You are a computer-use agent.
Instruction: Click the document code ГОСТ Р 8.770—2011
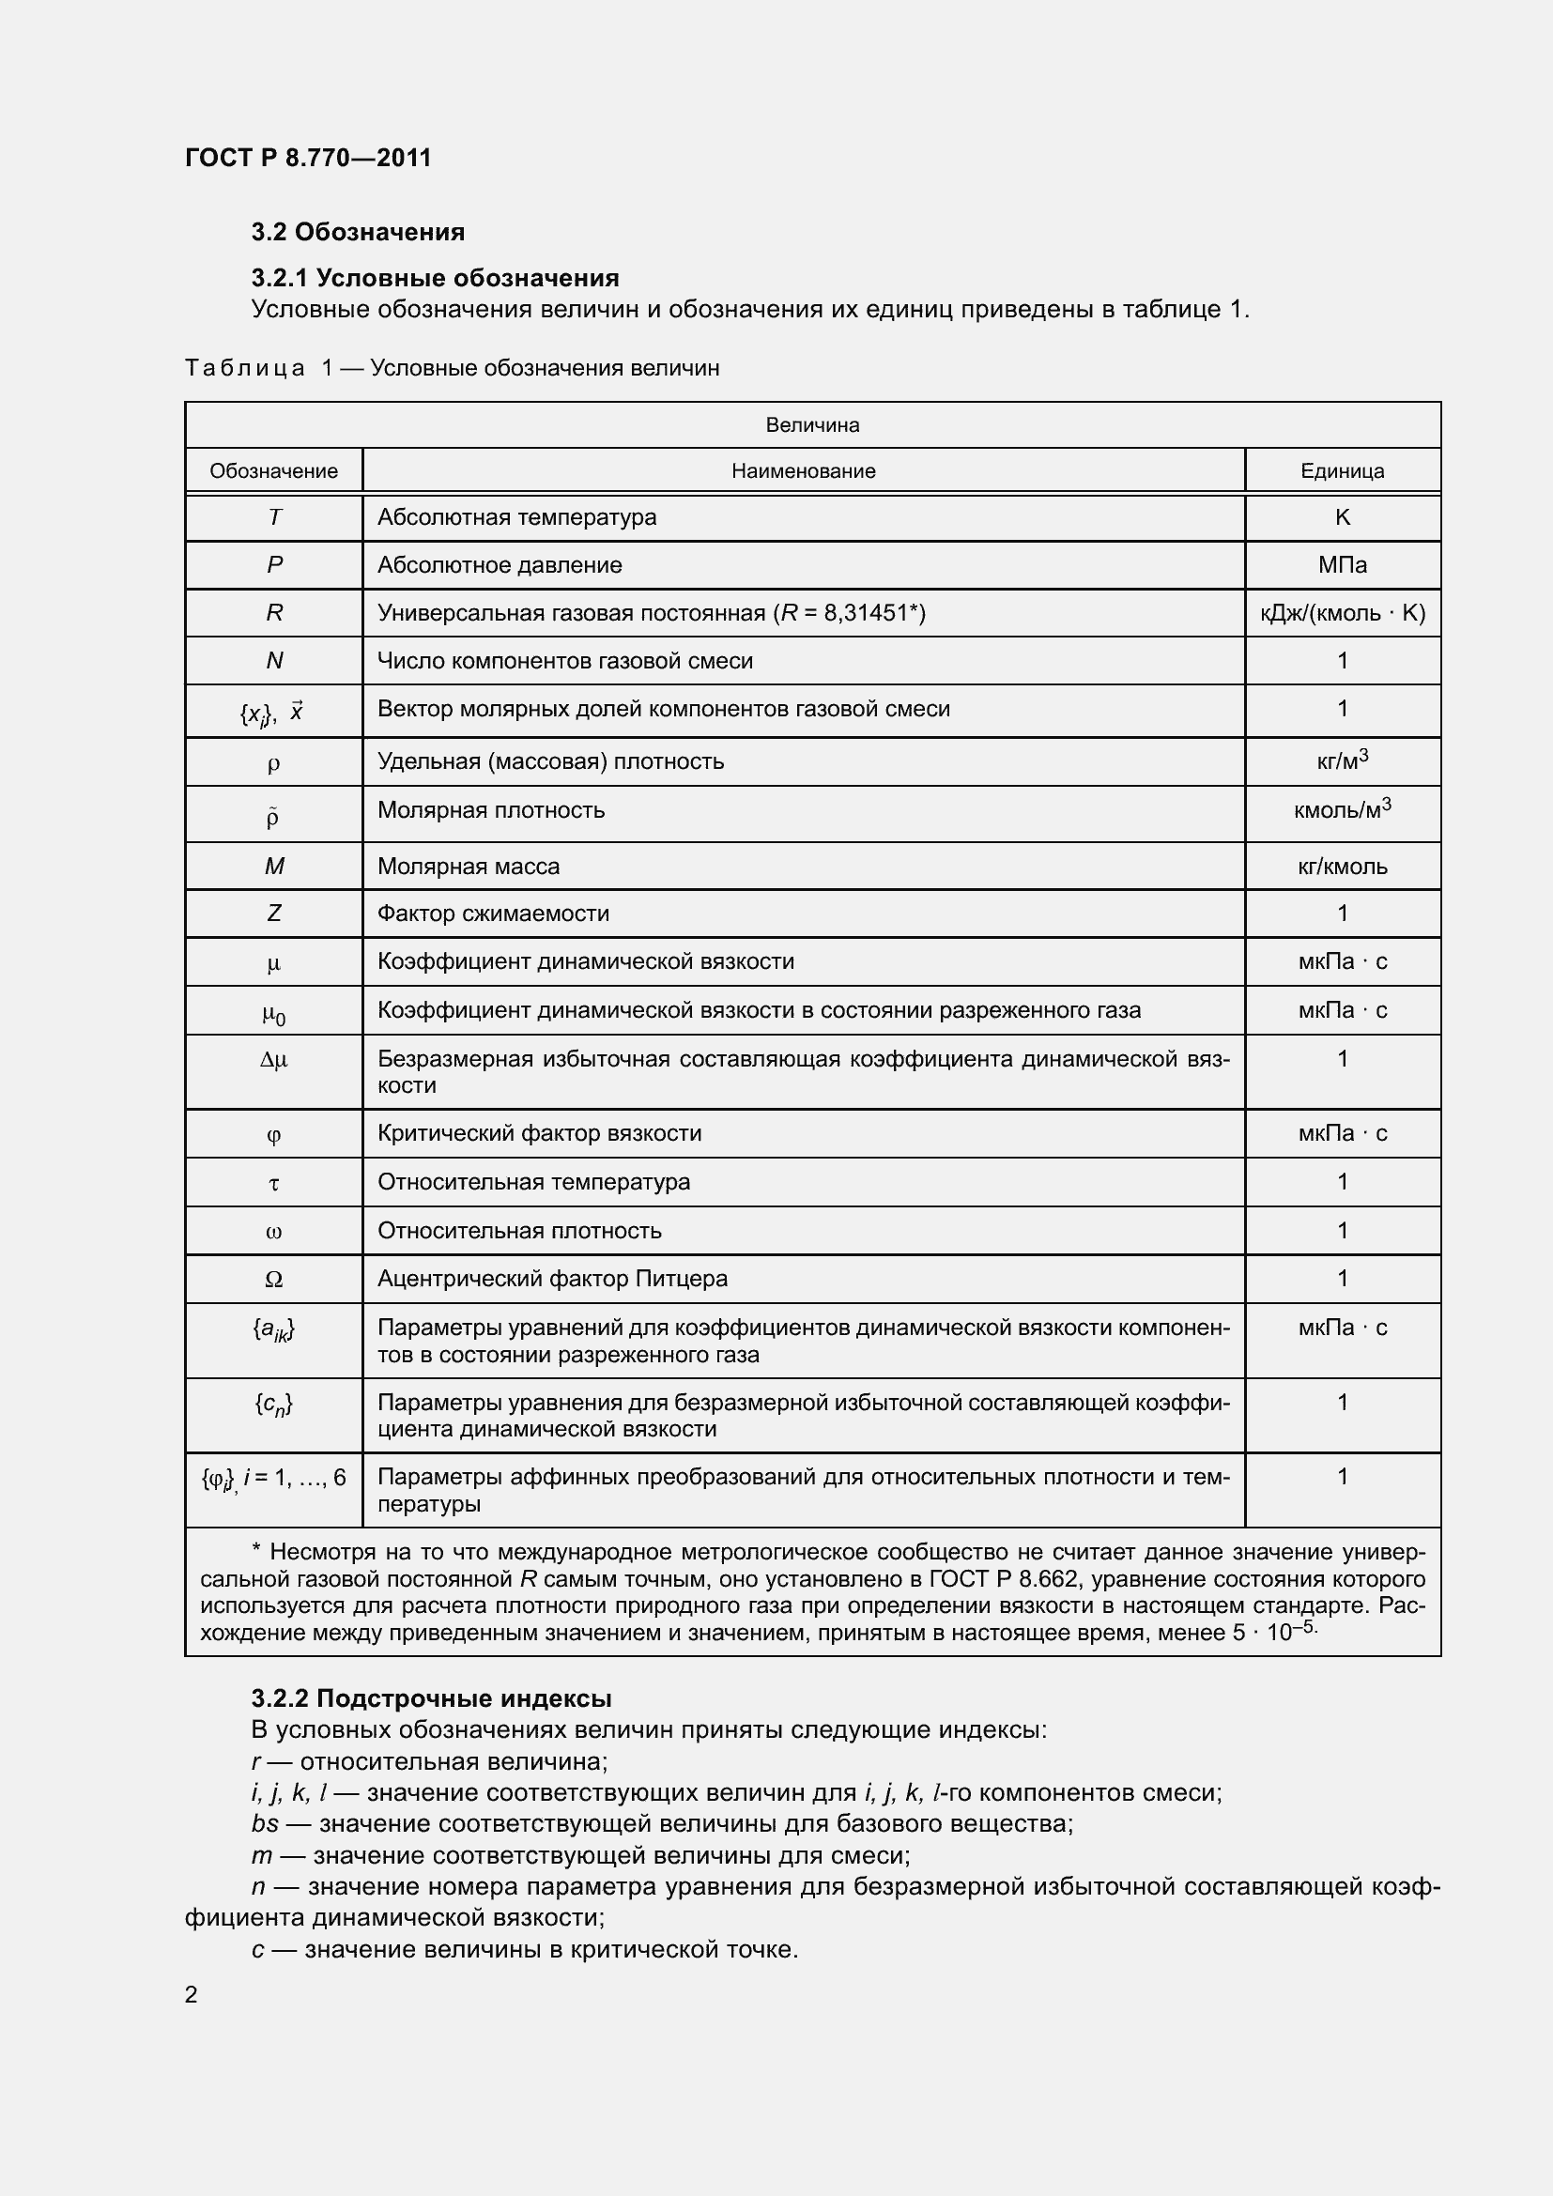coord(308,158)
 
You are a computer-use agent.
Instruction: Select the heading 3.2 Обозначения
coord(358,233)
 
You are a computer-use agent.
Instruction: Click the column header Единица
coord(1342,471)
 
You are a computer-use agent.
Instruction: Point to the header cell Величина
coord(812,425)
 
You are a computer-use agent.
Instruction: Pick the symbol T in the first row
coord(274,517)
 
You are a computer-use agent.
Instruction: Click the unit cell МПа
coord(1342,565)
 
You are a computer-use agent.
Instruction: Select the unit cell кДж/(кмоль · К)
coord(1342,613)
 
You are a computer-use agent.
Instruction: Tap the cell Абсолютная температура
coord(516,517)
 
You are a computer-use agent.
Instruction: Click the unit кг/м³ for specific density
coord(1342,761)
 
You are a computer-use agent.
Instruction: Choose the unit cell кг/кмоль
coord(1342,867)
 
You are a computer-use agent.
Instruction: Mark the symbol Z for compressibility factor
coord(274,914)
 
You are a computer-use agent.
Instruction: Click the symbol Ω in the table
coord(273,1280)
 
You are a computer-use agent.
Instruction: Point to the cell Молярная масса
coord(468,867)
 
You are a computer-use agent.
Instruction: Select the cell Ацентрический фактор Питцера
coord(552,1279)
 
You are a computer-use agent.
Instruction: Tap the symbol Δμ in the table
coord(273,1060)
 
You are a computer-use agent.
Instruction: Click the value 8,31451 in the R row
coord(866,613)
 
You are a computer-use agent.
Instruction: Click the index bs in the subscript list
coord(265,1824)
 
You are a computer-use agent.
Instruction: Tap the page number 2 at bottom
coord(192,1995)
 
